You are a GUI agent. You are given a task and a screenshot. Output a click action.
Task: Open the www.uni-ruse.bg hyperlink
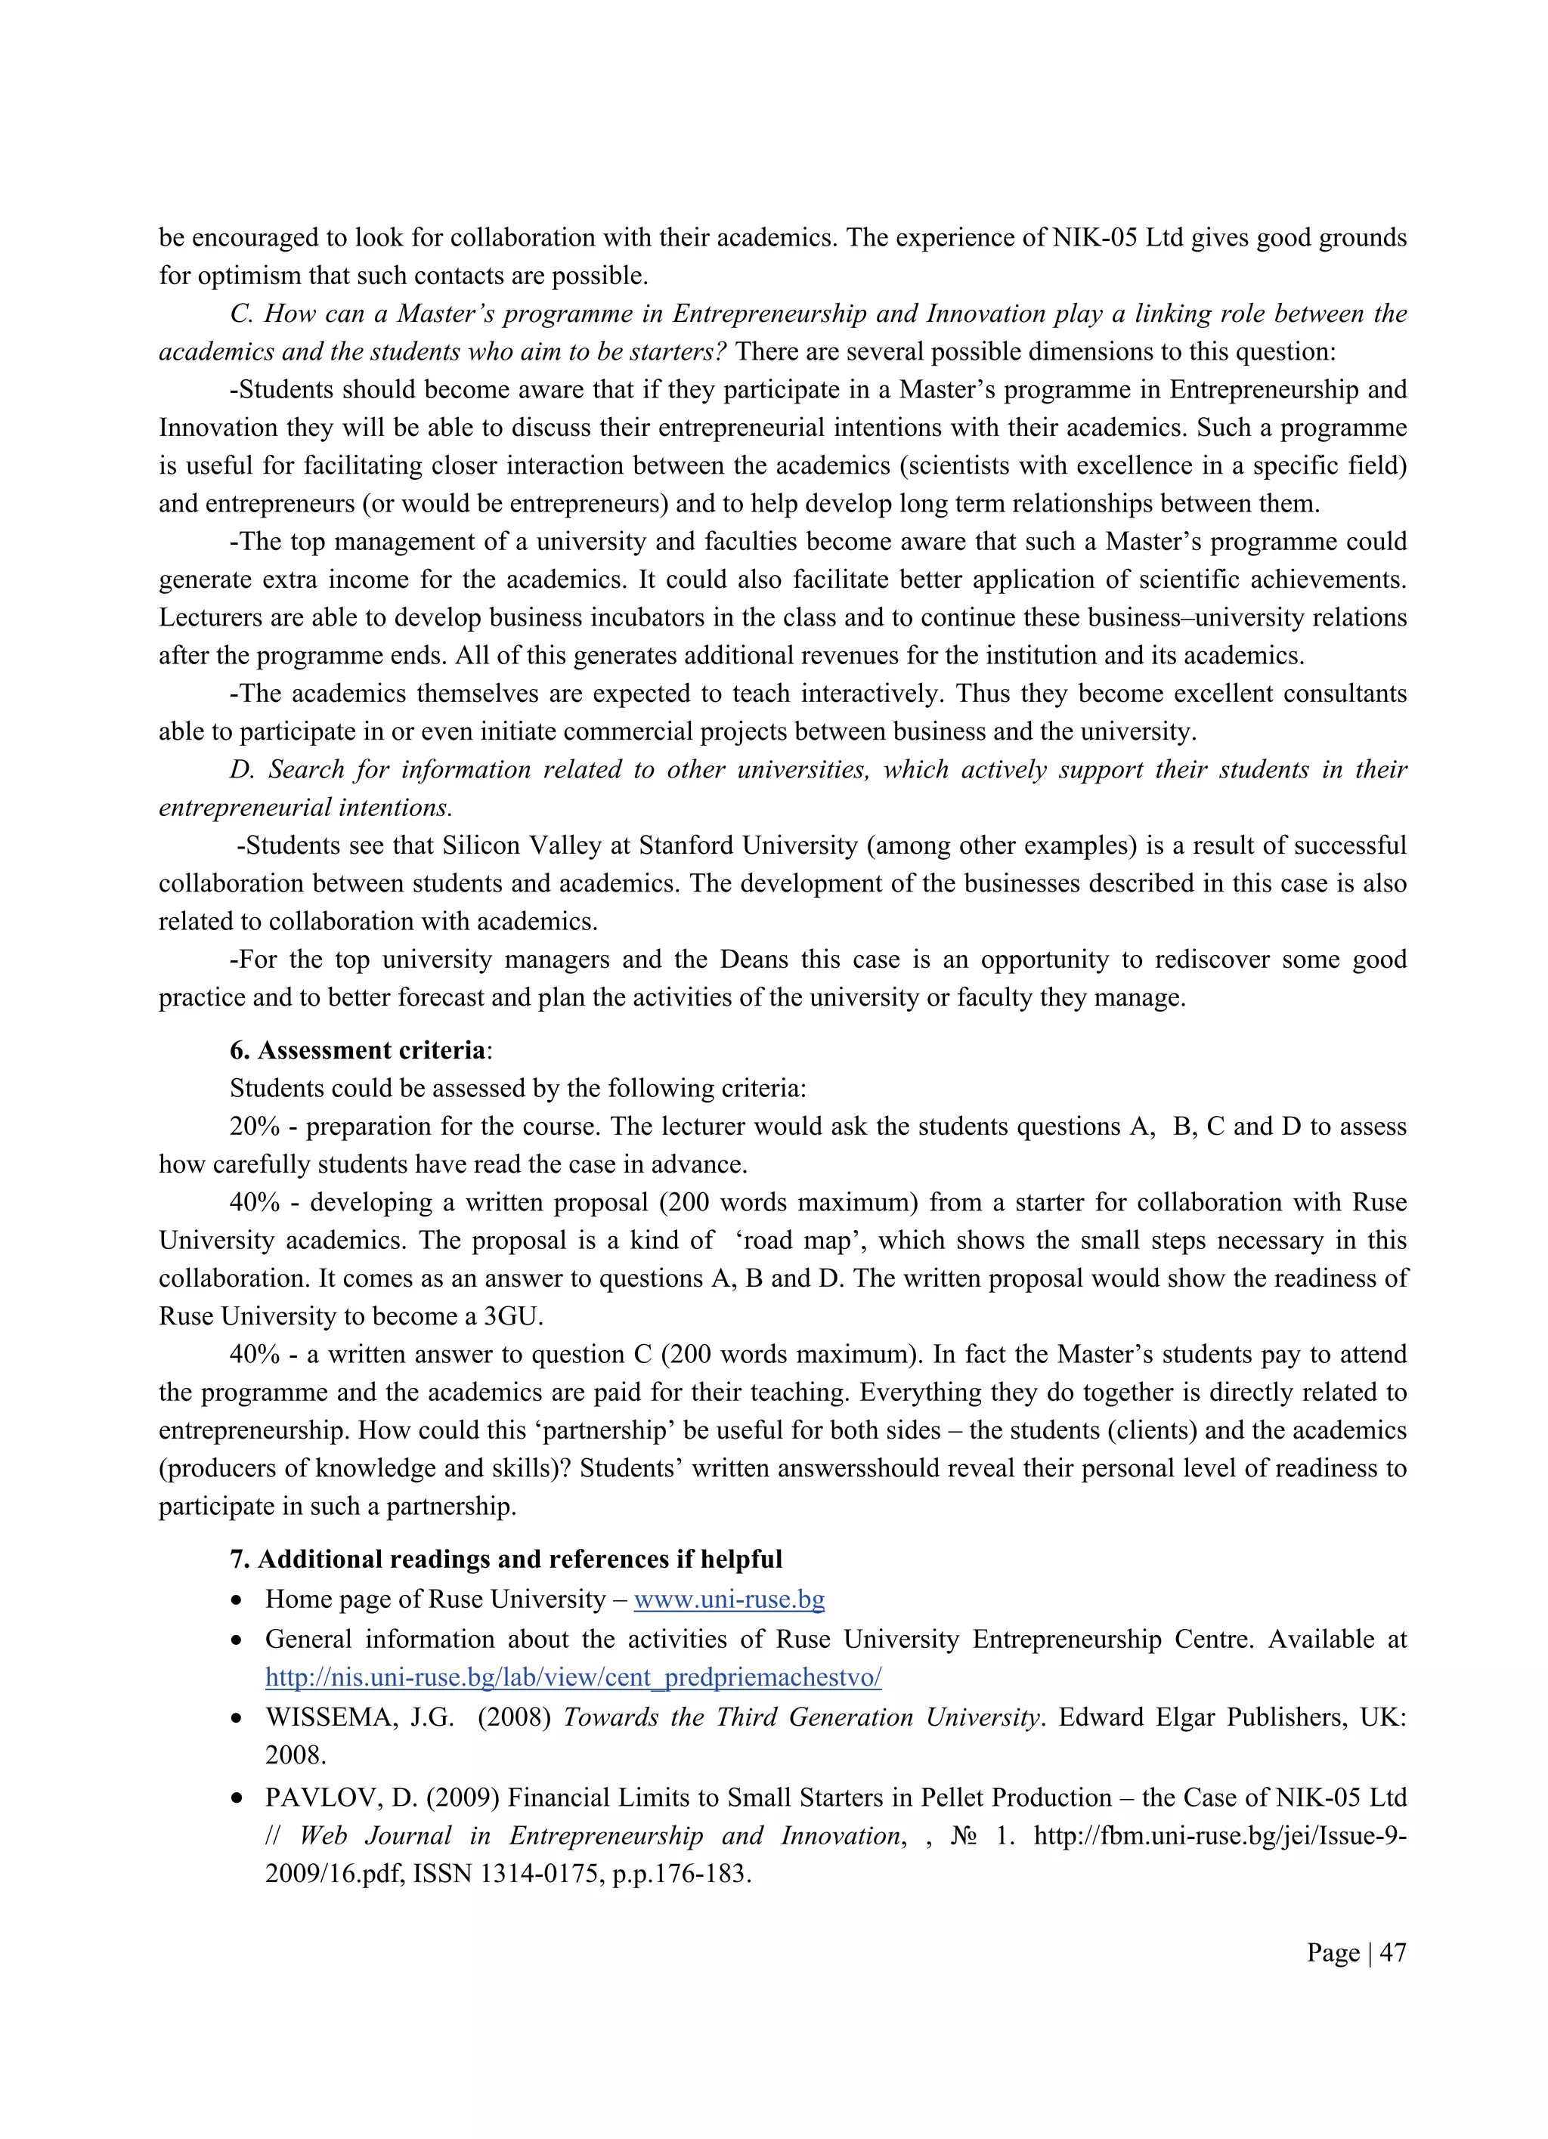pyautogui.click(x=729, y=1600)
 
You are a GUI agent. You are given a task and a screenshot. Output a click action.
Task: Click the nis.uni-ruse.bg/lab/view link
pyautogui.click(x=573, y=1677)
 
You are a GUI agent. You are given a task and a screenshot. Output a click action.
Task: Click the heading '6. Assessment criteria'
pyautogui.click(x=359, y=1051)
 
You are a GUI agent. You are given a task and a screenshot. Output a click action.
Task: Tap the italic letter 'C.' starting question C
pyautogui.click(x=240, y=314)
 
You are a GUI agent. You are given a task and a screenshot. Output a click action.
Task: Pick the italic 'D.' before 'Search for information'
pyautogui.click(x=243, y=770)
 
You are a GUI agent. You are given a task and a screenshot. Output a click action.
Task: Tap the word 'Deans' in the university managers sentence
pyautogui.click(x=754, y=960)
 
